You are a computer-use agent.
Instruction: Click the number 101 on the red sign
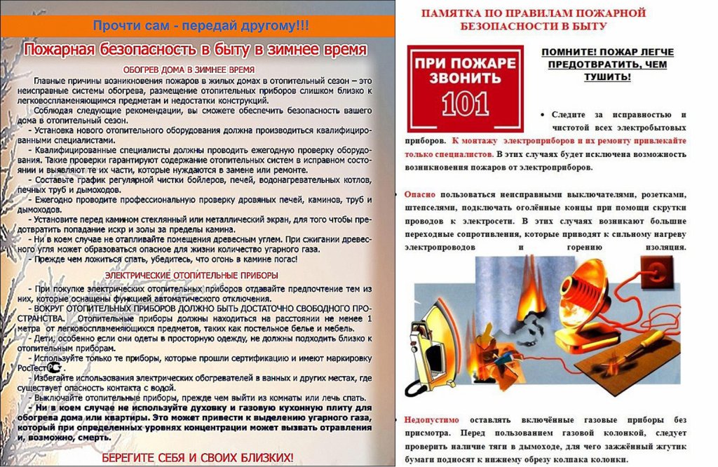466,103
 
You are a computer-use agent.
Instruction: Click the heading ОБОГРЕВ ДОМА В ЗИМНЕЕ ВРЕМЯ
188,70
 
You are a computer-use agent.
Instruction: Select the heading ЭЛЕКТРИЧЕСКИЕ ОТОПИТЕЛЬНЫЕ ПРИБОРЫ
189,275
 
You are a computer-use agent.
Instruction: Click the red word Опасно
420,194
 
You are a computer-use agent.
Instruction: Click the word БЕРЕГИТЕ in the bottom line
130,457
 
